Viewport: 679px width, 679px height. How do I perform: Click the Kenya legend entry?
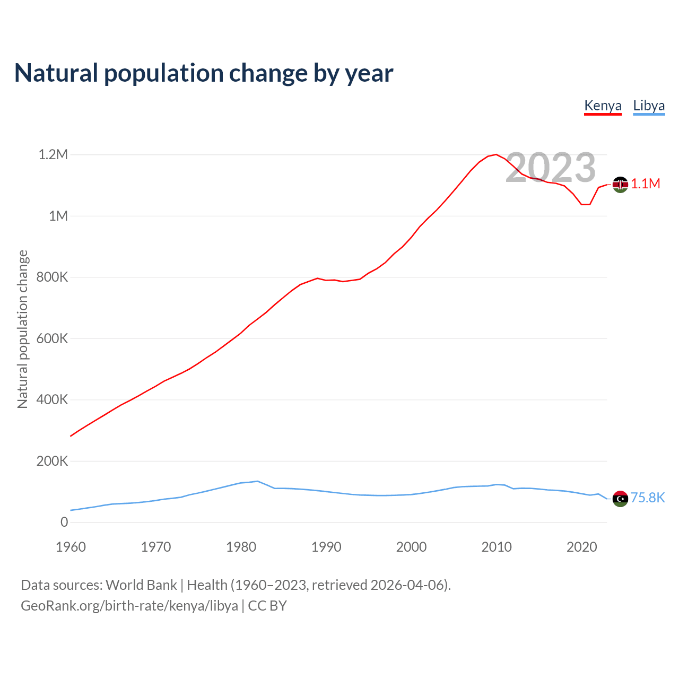(x=603, y=106)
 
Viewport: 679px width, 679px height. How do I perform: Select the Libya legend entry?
(x=649, y=106)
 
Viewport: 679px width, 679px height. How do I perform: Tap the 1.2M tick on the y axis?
(x=53, y=155)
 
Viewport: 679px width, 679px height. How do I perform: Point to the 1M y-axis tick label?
(x=58, y=216)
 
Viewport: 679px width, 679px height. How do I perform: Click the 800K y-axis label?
(x=52, y=277)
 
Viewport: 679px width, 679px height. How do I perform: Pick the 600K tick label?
(x=52, y=338)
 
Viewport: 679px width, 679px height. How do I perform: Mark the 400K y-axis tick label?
(x=52, y=400)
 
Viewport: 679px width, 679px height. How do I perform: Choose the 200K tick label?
(x=52, y=461)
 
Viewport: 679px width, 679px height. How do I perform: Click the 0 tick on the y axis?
(x=64, y=522)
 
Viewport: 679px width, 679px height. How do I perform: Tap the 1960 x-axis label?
(x=71, y=547)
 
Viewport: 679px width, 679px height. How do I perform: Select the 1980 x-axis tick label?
(x=241, y=547)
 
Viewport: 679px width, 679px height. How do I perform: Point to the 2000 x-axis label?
(x=411, y=547)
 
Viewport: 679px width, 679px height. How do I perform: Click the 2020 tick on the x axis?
(x=581, y=547)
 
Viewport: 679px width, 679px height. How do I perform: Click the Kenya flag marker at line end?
(x=620, y=185)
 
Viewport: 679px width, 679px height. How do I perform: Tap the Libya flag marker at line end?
(x=620, y=499)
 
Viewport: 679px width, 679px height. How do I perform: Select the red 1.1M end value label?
(x=646, y=184)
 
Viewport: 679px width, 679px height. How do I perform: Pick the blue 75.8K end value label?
(x=647, y=498)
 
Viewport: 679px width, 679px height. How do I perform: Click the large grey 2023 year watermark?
(x=551, y=168)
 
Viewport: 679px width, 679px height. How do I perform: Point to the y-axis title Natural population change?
(x=22, y=329)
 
